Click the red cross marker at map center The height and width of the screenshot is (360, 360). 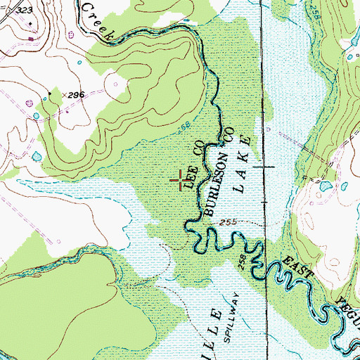(182, 180)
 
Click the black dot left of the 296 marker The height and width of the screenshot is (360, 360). (50, 93)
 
